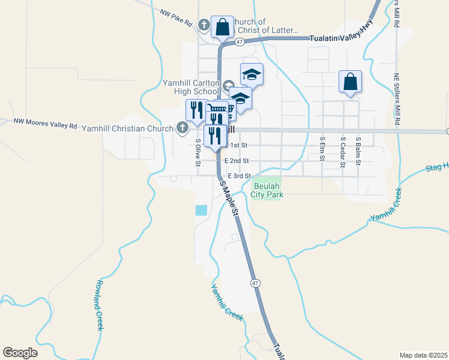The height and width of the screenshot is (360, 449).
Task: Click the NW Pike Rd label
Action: click(x=176, y=17)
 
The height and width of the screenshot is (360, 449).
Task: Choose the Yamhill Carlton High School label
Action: click(x=190, y=87)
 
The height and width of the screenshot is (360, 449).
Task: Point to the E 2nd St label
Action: click(x=237, y=161)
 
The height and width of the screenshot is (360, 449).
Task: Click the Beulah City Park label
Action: click(x=267, y=190)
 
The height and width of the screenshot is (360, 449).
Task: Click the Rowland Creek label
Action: click(x=100, y=305)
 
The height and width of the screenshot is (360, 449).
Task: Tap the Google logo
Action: click(x=20, y=353)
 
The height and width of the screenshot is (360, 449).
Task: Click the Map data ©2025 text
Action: click(x=423, y=355)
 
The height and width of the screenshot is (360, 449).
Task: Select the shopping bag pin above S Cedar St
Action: click(x=351, y=82)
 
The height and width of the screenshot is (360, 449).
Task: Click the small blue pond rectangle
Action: click(x=200, y=211)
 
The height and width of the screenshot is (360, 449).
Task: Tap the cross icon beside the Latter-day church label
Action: click(x=204, y=25)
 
